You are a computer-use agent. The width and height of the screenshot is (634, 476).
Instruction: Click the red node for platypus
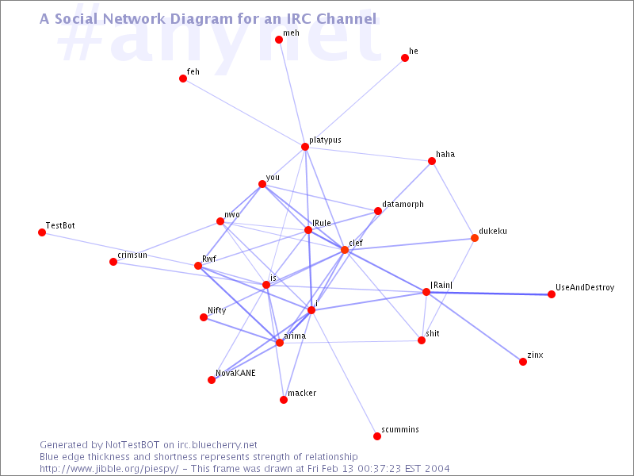[305, 147]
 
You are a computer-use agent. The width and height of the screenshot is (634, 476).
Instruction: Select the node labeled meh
[279, 39]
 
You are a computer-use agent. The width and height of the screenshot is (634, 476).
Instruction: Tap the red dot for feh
[183, 79]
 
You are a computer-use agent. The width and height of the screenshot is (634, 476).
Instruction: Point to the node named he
[405, 58]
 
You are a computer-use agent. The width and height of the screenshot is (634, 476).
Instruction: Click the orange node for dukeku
[475, 238]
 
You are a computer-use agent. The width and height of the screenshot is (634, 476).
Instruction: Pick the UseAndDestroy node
[552, 294]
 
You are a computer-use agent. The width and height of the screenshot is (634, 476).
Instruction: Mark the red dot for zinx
[523, 362]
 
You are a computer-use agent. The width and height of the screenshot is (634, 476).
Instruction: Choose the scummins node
[377, 436]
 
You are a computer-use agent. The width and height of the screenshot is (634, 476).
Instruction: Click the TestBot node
[42, 232]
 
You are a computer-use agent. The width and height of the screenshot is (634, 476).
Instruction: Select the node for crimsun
[113, 262]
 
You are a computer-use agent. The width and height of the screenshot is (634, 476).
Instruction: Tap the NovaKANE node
[212, 380]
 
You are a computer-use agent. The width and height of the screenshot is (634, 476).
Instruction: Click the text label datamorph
[403, 205]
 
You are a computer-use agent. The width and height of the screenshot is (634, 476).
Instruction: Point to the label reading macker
[302, 393]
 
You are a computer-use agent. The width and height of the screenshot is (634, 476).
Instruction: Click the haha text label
[445, 154]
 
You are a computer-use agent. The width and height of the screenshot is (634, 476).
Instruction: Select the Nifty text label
[216, 310]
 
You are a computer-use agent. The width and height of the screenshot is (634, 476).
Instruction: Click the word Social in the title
[76, 18]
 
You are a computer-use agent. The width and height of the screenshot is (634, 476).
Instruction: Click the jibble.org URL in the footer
[109, 469]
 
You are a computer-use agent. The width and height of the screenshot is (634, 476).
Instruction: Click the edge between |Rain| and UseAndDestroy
[489, 293]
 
